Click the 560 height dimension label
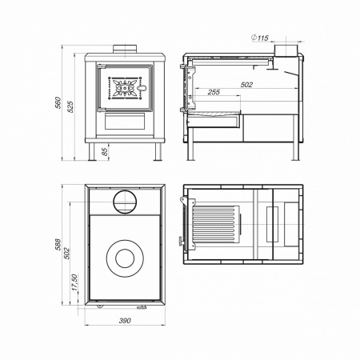[x=58, y=102]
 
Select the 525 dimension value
[x=70, y=106]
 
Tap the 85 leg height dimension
[x=105, y=152]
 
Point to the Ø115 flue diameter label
[x=260, y=38]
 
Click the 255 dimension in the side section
[x=214, y=92]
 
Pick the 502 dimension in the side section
[x=246, y=85]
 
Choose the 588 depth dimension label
[x=58, y=244]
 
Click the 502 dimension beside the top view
[x=66, y=254]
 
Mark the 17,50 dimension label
[x=74, y=282]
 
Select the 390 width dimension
[x=125, y=320]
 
